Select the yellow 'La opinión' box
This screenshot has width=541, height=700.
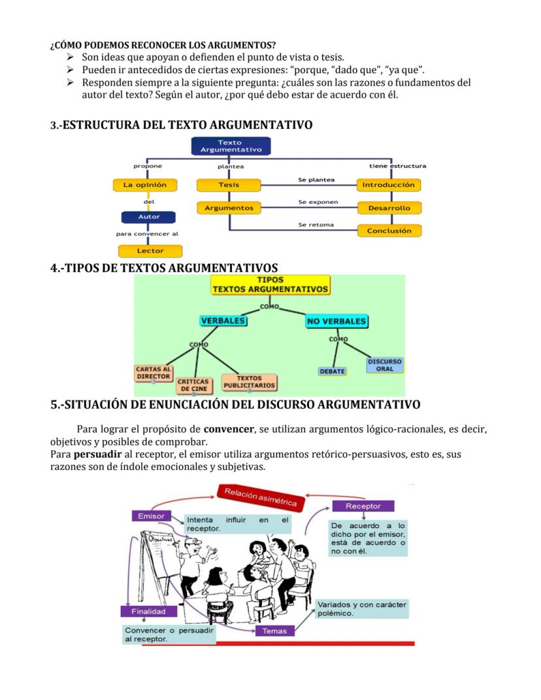point(145,185)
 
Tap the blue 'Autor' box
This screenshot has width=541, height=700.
point(148,216)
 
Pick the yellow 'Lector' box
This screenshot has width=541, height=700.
point(150,251)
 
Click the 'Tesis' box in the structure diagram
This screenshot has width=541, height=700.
point(229,185)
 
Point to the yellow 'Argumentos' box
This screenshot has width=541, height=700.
point(229,208)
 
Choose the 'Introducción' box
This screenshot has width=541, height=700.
point(388,185)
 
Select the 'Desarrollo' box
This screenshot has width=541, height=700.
point(389,208)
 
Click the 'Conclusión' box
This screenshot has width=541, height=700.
point(389,231)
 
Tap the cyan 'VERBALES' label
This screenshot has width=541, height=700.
point(223,321)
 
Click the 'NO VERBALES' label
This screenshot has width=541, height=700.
point(336,322)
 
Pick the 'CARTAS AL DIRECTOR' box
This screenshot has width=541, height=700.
point(154,373)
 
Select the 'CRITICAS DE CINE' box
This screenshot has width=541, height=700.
point(193,385)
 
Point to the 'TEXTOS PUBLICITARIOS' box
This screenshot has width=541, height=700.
point(249,382)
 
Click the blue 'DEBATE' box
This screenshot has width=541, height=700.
point(333,371)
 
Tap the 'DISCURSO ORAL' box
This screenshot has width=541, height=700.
point(385,365)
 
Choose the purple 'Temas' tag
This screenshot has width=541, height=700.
point(274,631)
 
